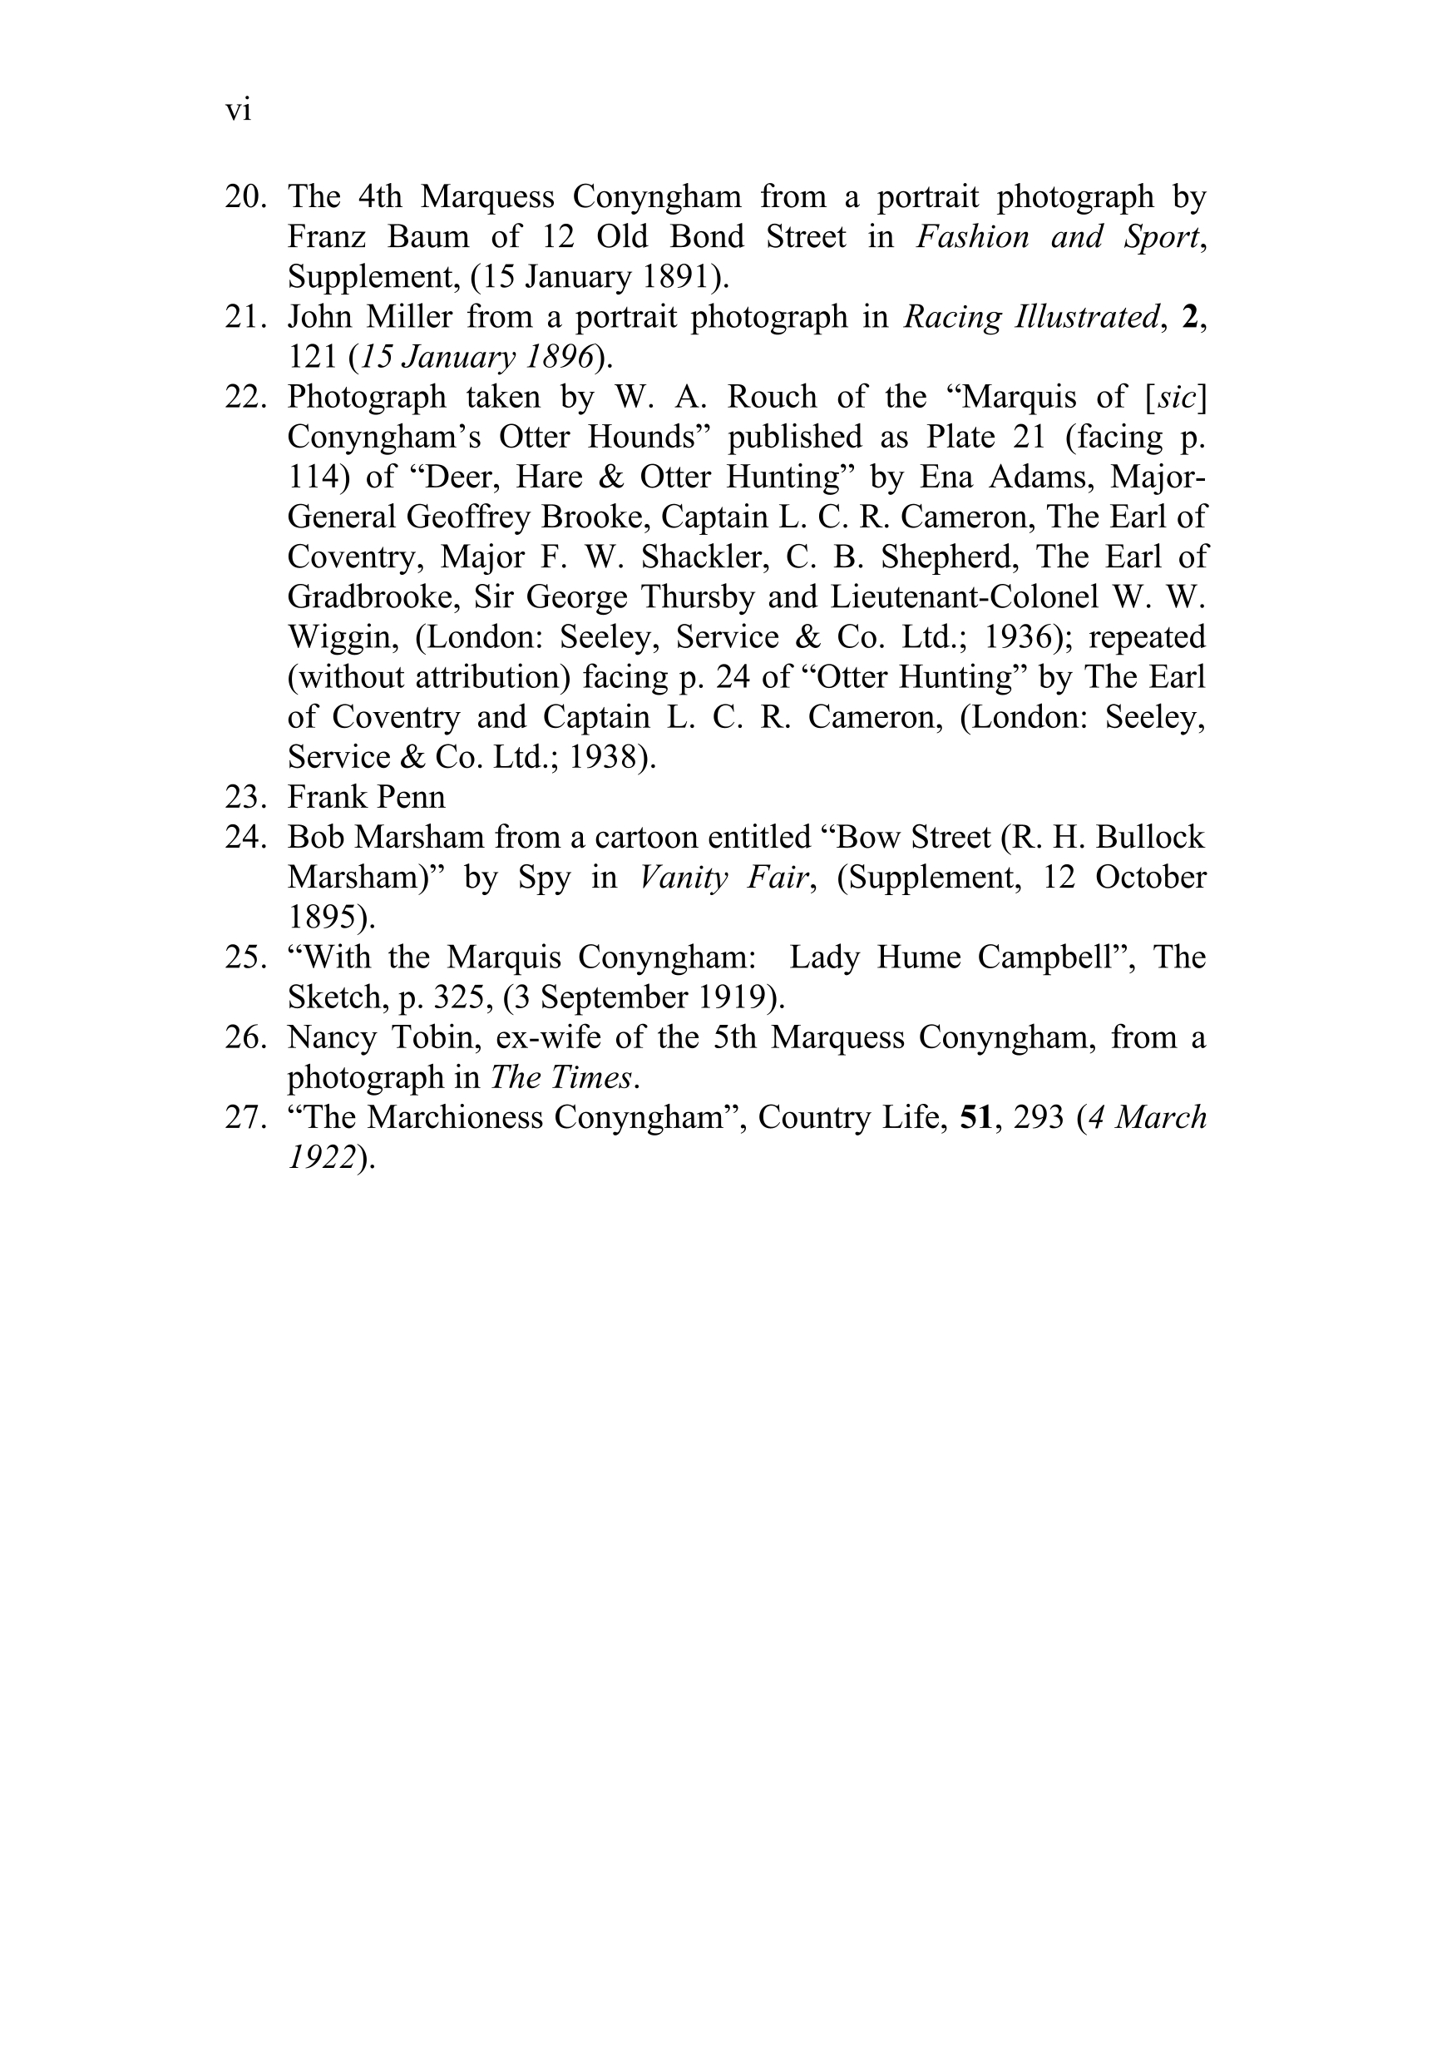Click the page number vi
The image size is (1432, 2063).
[238, 111]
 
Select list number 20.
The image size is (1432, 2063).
[245, 196]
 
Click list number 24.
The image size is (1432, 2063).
[245, 837]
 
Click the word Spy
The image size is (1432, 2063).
[544, 878]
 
